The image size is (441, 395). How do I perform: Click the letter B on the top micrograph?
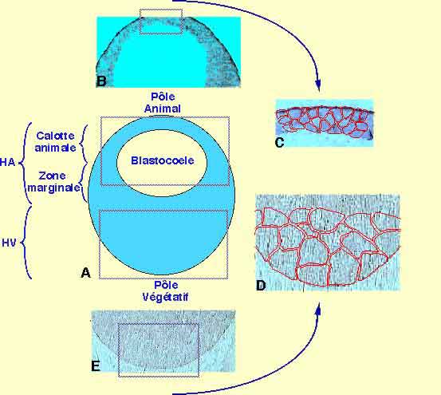(101, 81)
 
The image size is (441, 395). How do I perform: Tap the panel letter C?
(279, 142)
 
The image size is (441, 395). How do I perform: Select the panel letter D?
(261, 286)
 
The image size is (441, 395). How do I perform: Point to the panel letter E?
(96, 366)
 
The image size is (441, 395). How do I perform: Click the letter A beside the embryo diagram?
(85, 272)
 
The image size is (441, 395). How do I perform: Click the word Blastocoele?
(163, 160)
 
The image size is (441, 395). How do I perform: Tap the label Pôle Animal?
(163, 103)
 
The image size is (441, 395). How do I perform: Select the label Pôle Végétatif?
(165, 291)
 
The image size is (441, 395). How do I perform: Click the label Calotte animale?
(55, 142)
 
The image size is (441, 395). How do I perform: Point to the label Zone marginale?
(53, 182)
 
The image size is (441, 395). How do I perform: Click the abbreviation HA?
(8, 162)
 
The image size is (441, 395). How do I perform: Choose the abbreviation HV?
(9, 243)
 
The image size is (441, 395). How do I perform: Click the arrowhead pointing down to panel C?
(318, 85)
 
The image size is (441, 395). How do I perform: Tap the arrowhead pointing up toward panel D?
(318, 309)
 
